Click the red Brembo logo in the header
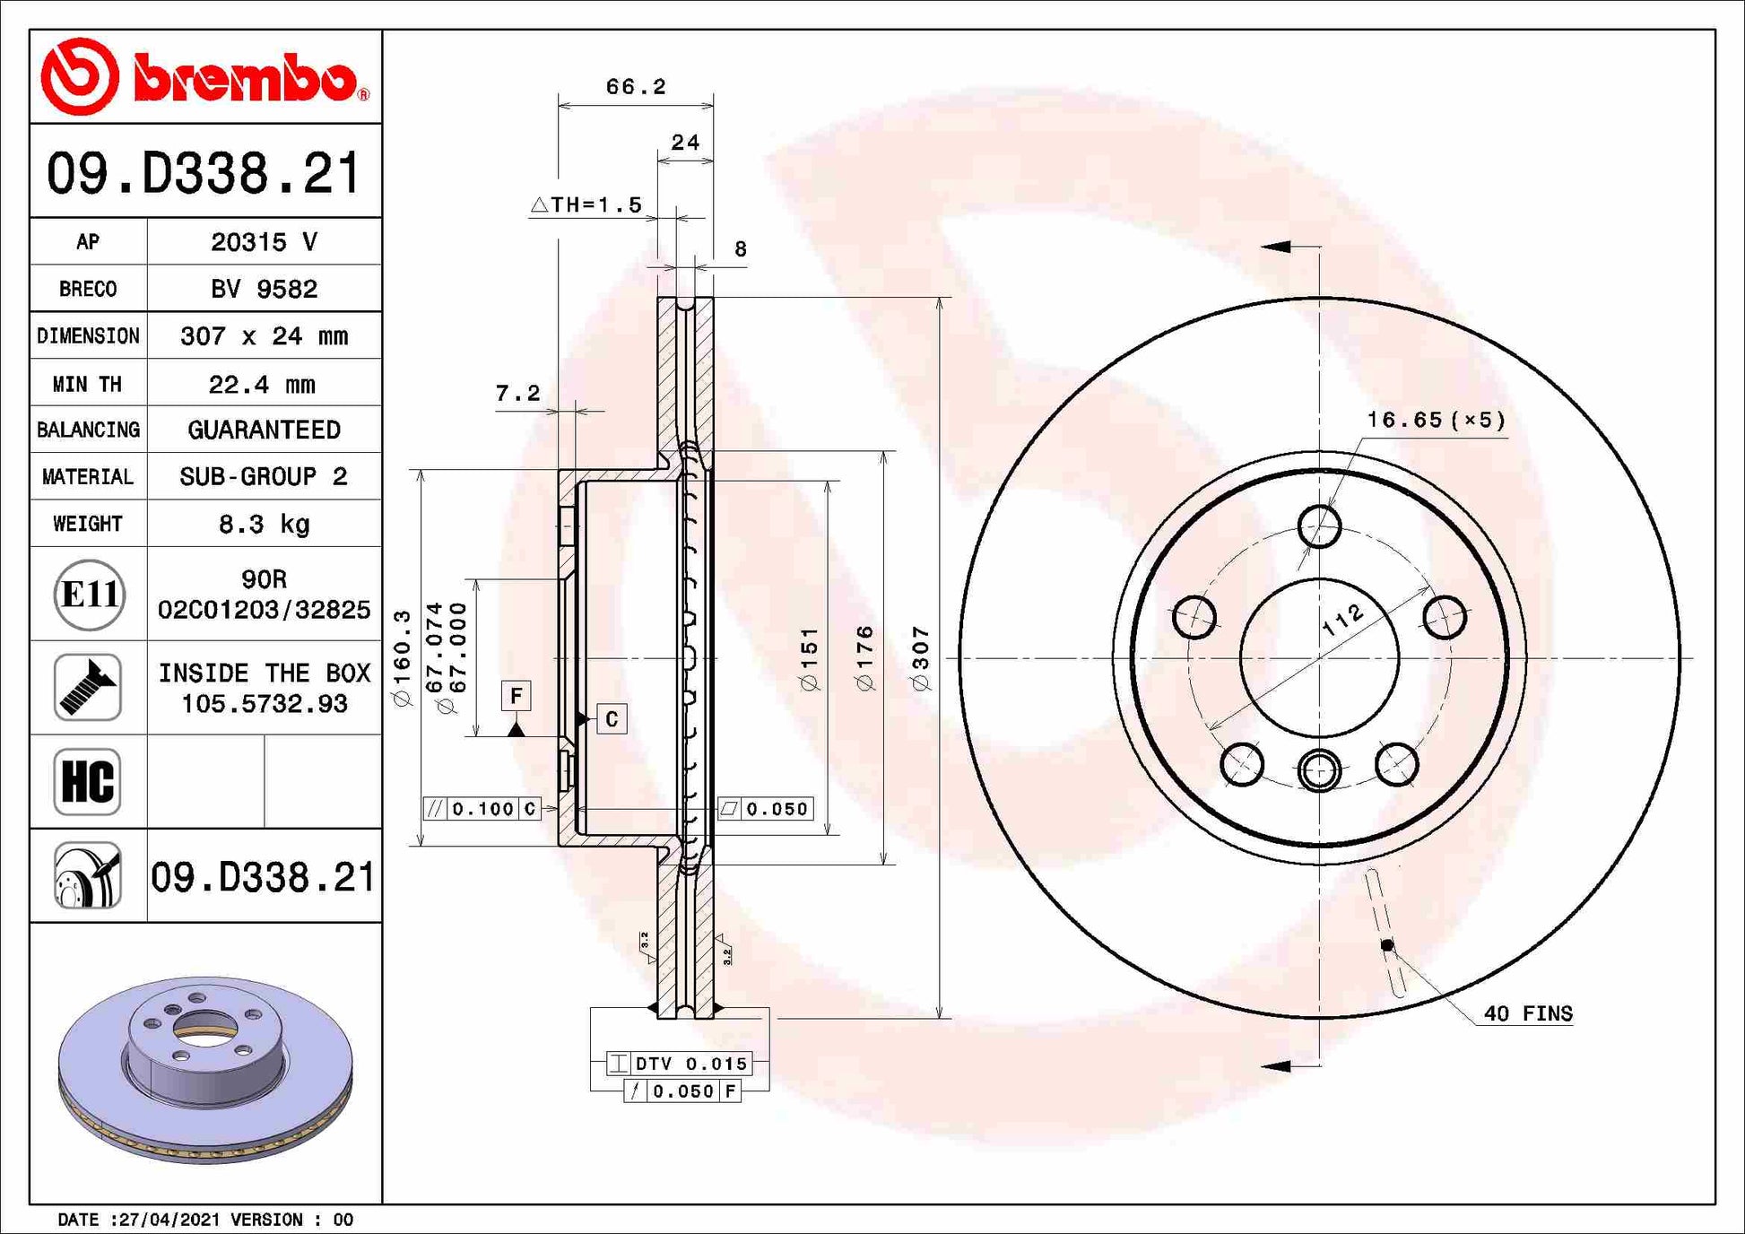pos(204,77)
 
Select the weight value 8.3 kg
pos(264,524)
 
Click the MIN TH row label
pos(88,384)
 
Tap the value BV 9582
pos(264,289)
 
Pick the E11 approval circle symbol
pos(88,594)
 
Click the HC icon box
pos(88,781)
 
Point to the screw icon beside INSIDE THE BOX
pos(88,687)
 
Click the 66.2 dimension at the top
pos(636,87)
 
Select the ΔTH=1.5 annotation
pos(587,205)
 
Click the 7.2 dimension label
pos(517,393)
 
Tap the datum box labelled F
pos(516,696)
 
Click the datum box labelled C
pos(612,719)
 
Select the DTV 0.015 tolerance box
pos(680,1064)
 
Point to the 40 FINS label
pos(1527,1013)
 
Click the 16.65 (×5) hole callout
pos(1436,420)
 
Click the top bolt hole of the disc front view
pos(1319,526)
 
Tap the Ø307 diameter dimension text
pos(921,658)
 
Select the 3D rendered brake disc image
pos(205,1069)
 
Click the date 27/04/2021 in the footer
pos(169,1220)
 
